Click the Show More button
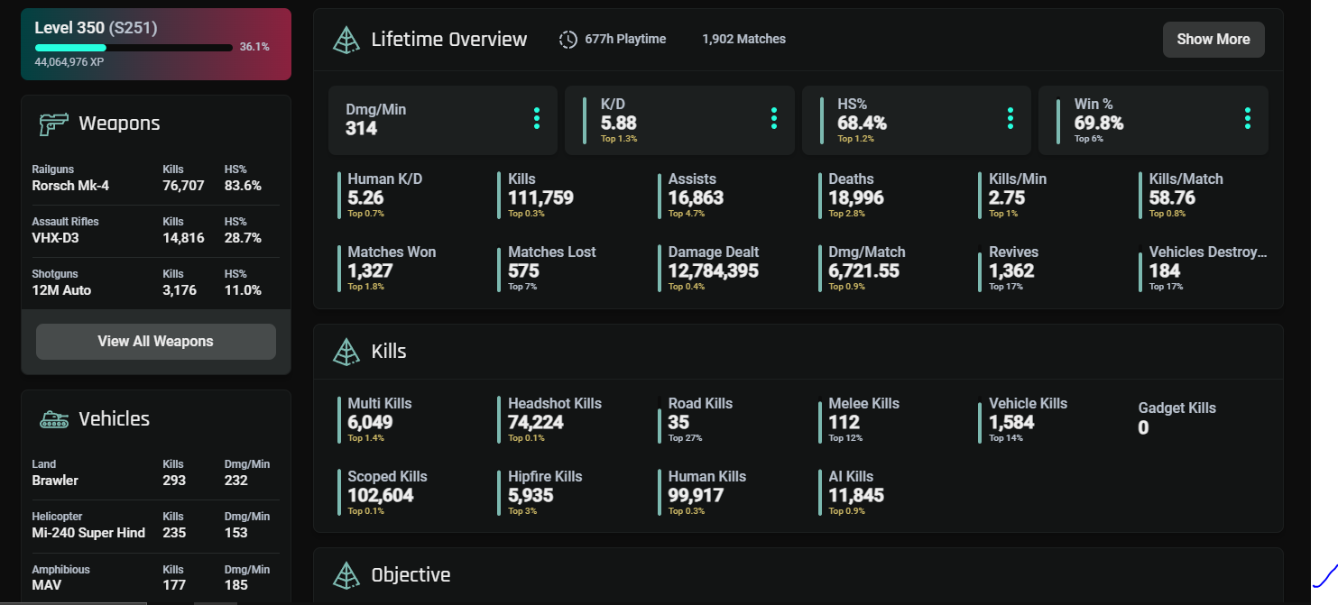pos(1213,40)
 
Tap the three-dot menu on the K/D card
pos(774,119)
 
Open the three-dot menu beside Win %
pos(1248,119)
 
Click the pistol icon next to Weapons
pos(54,124)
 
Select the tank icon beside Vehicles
pos(54,419)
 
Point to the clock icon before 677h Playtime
pos(568,40)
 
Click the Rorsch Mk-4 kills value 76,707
pos(183,186)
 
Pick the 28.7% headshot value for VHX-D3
pos(243,238)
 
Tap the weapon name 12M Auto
pos(61,290)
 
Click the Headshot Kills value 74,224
pos(536,423)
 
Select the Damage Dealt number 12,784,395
pos(713,270)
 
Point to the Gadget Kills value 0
pos(1143,427)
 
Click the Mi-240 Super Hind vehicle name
pos(88,533)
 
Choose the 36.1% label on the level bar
pos(254,47)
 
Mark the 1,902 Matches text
pos(743,40)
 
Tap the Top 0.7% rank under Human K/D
pos(366,214)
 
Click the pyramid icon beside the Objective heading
pos(346,575)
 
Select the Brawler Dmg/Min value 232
pos(236,481)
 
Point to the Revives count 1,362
pos(1011,270)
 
